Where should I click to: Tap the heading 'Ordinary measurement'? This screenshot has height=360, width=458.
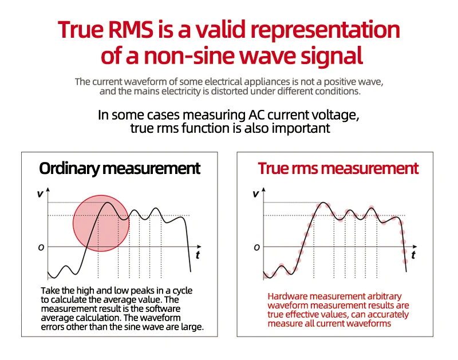point(120,168)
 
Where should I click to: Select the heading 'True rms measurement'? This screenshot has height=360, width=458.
point(338,168)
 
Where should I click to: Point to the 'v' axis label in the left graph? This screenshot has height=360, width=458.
point(40,193)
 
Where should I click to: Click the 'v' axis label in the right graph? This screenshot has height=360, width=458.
point(255,193)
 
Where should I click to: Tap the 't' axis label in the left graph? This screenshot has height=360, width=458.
point(198,255)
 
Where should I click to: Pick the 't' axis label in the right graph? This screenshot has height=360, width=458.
point(413,255)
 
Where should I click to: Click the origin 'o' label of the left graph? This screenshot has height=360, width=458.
point(41,247)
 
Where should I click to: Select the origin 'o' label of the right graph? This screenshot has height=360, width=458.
point(256,247)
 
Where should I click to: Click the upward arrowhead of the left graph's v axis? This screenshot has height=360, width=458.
point(48,189)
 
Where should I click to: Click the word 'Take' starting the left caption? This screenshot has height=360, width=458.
point(50,291)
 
